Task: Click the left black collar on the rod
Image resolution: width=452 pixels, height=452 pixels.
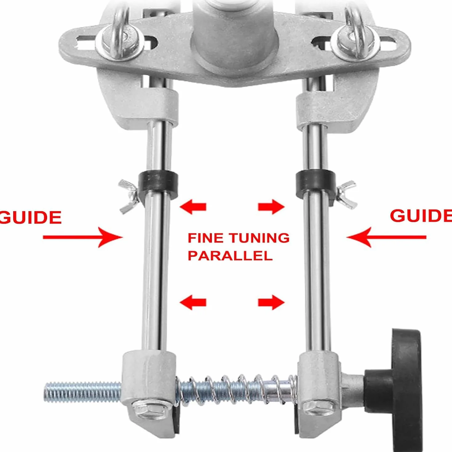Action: [x=158, y=182]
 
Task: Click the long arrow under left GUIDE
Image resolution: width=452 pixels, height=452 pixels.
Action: [x=83, y=237]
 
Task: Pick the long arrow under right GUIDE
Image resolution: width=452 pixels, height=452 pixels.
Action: [x=386, y=237]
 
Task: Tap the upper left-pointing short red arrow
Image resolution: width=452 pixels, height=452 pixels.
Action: [x=193, y=207]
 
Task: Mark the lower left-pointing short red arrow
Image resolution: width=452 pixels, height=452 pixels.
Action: [x=193, y=302]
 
